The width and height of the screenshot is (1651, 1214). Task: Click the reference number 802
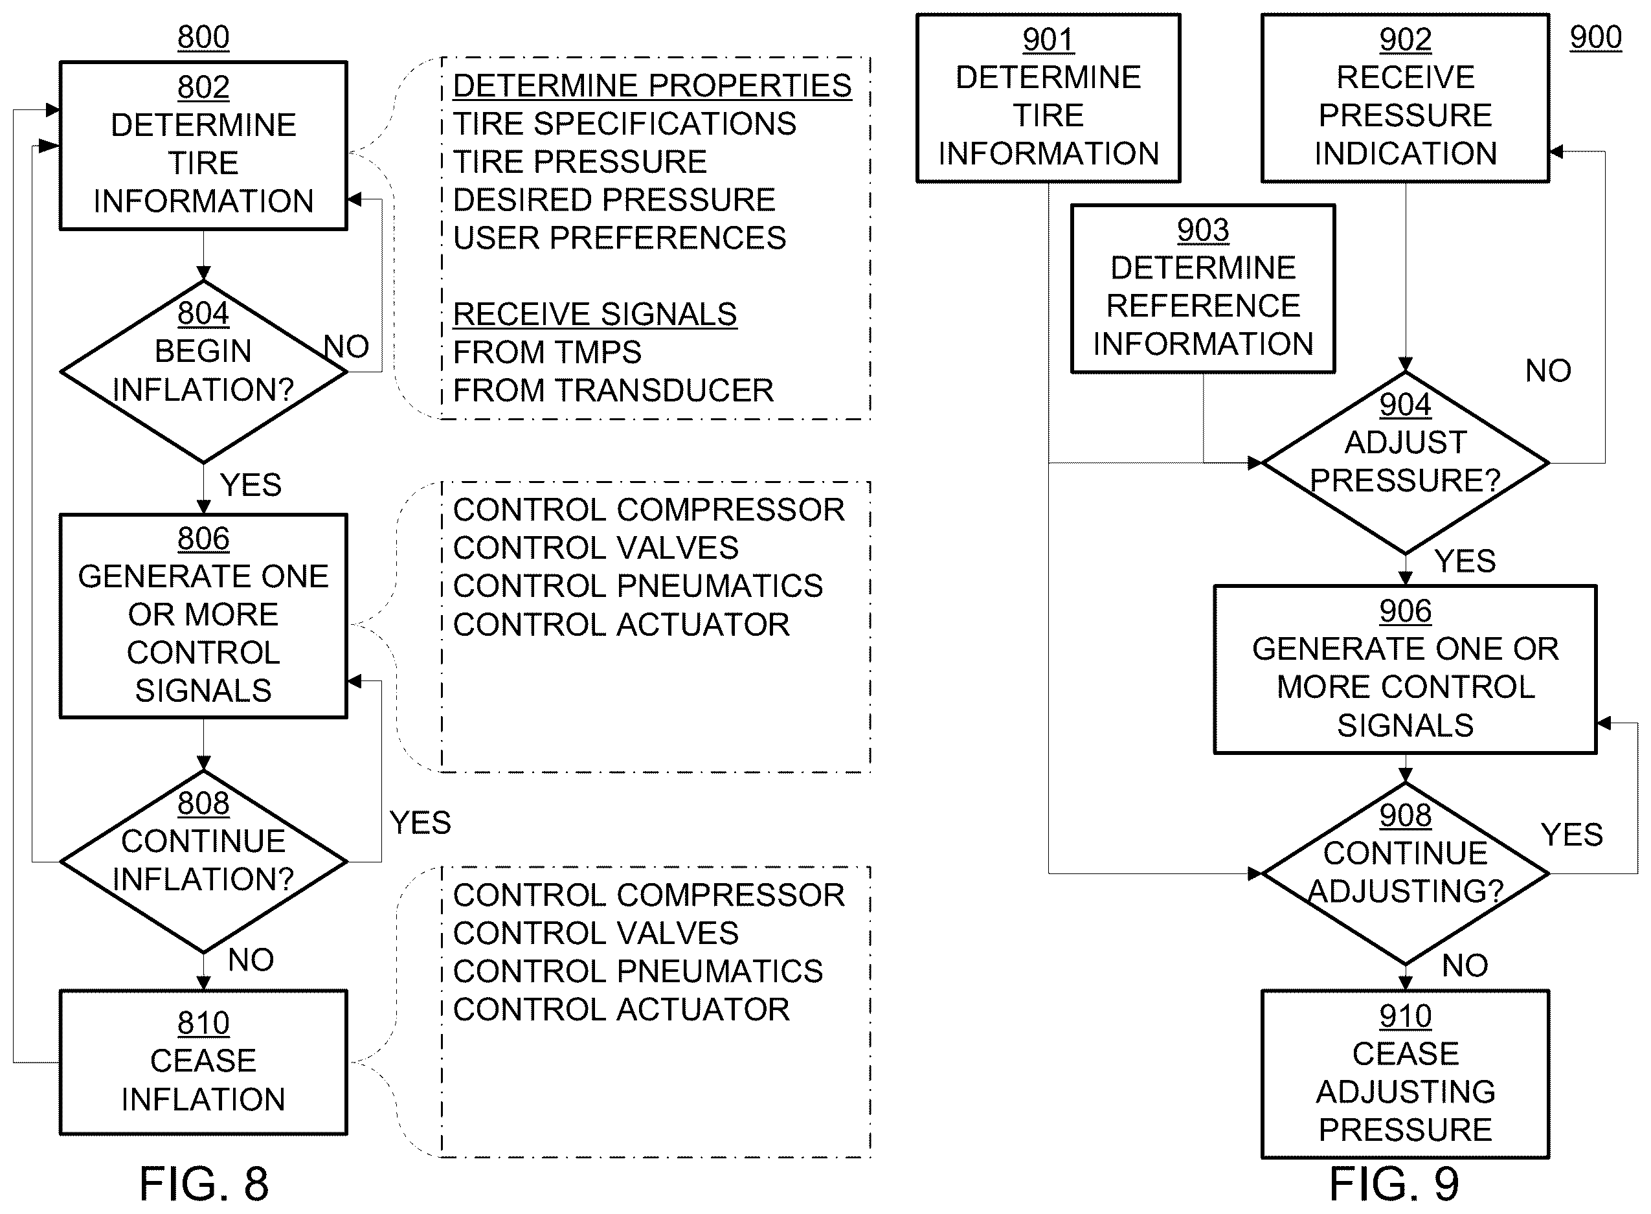(203, 87)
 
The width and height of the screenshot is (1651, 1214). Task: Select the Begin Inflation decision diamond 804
(203, 371)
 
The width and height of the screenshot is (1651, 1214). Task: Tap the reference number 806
(203, 539)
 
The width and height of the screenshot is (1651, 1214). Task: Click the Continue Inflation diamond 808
(203, 861)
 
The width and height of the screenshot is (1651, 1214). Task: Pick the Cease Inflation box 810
(203, 1062)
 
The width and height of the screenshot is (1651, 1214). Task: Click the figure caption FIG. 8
(203, 1184)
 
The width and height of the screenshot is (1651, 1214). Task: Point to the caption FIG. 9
(1394, 1184)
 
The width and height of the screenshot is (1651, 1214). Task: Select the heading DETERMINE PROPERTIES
(653, 85)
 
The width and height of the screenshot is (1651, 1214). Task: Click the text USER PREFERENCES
(620, 238)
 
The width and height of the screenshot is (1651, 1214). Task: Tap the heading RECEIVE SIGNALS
(595, 314)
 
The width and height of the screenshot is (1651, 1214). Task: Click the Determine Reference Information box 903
(1203, 289)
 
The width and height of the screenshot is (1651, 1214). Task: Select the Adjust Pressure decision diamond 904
(1406, 463)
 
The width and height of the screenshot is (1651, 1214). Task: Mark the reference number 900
(1596, 38)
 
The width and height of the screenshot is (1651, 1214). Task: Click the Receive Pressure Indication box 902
(1406, 98)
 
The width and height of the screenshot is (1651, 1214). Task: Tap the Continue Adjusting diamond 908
(1406, 874)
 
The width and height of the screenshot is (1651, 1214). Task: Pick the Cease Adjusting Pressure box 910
(1406, 1074)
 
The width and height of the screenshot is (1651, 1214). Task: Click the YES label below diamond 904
(1465, 561)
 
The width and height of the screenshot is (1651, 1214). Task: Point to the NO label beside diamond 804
(346, 346)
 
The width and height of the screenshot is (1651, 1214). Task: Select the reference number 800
(203, 38)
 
